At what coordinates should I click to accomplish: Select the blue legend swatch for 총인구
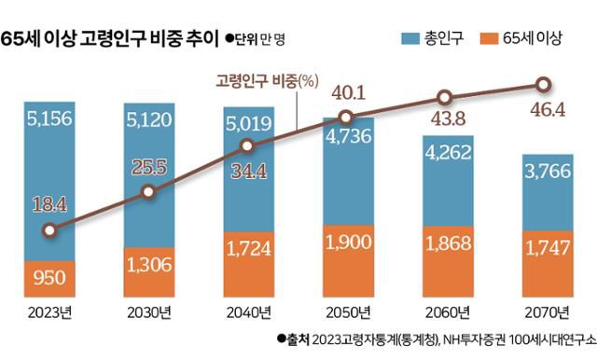[411, 38]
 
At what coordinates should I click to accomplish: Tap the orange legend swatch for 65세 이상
[497, 38]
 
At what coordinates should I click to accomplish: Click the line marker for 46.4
[544, 84]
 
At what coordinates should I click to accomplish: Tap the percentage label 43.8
[445, 121]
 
